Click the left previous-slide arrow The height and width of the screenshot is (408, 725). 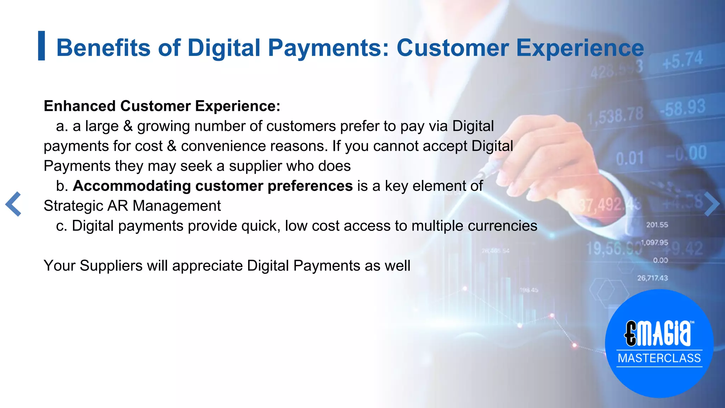point(13,204)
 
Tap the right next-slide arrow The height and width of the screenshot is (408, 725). point(711,204)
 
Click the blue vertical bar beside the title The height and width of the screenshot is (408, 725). point(41,46)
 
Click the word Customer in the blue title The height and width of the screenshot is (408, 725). point(452,48)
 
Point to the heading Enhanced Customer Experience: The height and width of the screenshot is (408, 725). point(162,106)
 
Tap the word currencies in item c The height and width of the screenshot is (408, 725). point(502,226)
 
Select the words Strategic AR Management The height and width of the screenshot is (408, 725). point(132,206)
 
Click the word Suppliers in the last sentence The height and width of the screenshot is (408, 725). point(111,266)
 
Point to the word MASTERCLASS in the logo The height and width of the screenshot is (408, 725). point(659,358)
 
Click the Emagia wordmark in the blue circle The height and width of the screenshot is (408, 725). point(658,334)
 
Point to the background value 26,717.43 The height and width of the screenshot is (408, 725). point(652,278)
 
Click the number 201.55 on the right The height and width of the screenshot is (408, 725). point(657,225)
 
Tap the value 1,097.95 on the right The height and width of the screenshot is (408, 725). point(654,243)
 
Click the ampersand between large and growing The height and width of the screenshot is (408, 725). point(128,126)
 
